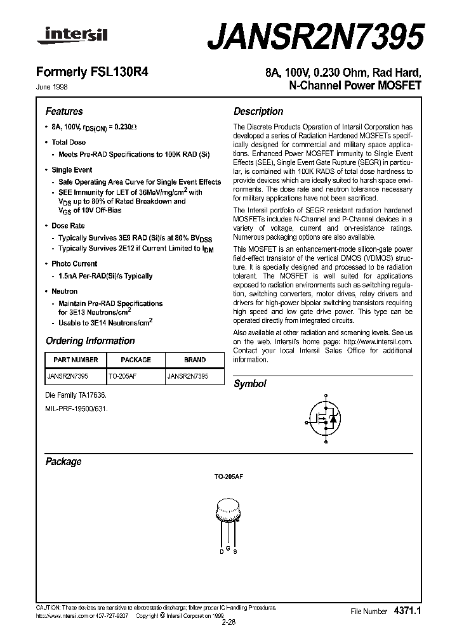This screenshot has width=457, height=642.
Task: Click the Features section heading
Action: point(64,110)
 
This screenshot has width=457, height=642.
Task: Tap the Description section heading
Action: point(258,111)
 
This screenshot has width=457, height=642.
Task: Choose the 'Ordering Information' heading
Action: point(90,341)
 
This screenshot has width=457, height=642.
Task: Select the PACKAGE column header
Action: point(136,360)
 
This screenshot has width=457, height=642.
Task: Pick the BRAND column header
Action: point(195,360)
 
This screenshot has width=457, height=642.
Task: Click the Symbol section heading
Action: point(250,384)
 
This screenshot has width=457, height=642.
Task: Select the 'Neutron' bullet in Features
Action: point(64,291)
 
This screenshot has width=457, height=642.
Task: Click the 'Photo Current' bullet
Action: point(74,263)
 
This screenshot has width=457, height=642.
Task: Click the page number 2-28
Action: point(228,622)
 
